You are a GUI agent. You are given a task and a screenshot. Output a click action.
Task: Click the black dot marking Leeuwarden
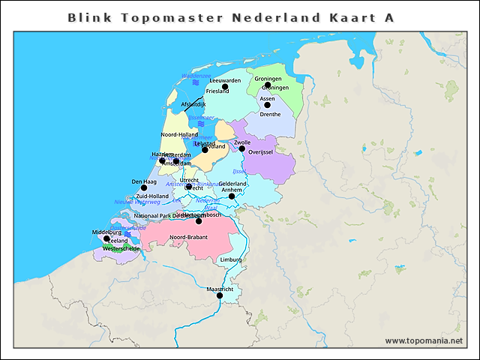[225, 86]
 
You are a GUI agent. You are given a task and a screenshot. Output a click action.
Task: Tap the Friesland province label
[217, 91]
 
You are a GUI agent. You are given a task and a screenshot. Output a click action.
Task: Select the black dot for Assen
[267, 104]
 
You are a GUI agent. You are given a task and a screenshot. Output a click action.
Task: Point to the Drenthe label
[270, 114]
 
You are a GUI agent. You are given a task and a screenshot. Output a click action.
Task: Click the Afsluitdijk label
[193, 104]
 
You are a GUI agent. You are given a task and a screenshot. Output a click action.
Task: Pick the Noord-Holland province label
[179, 134]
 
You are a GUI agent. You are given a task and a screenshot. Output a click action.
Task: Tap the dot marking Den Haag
[144, 187]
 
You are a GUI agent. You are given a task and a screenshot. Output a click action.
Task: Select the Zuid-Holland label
[152, 196]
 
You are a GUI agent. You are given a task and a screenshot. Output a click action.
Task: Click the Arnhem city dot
[232, 196]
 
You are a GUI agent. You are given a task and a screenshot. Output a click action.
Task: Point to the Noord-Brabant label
[188, 237]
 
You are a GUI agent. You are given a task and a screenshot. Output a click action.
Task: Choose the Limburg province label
[231, 259]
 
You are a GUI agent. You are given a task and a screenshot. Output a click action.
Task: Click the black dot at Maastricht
[220, 295]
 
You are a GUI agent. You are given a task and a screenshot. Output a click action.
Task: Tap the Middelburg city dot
[106, 238]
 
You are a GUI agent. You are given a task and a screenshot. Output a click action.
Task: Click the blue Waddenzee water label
[196, 76]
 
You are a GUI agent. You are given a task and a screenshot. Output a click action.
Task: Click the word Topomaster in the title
[153, 16]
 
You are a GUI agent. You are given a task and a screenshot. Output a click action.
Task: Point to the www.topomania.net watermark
[424, 340]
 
